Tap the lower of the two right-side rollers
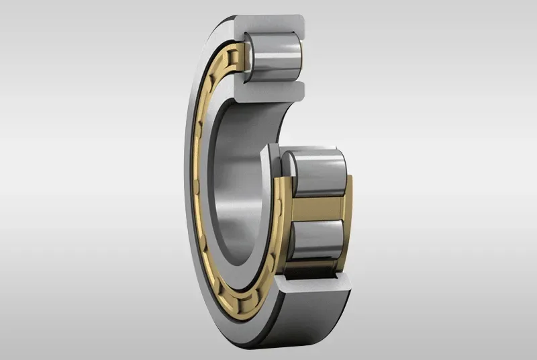[x=315, y=242]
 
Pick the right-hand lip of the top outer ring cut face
[x=300, y=34]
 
